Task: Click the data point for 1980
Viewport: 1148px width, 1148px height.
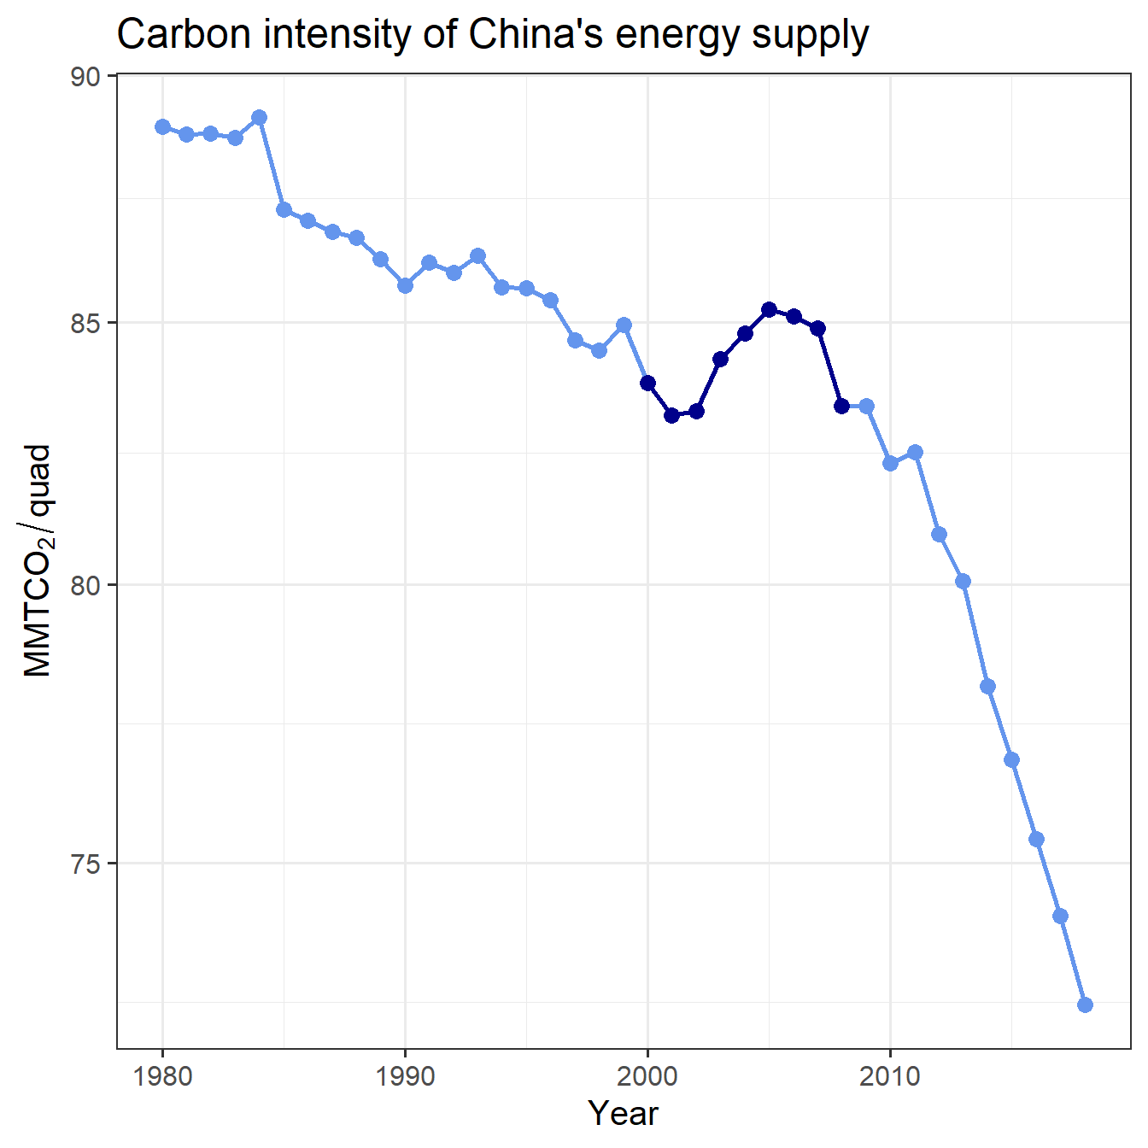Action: tap(162, 126)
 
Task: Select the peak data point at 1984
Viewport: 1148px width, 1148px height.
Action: tap(260, 117)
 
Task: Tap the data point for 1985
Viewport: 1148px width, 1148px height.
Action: tap(284, 209)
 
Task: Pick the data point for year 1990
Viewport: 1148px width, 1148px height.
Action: tap(405, 285)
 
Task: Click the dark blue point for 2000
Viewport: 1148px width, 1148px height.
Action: tap(647, 383)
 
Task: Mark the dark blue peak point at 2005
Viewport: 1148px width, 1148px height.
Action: tap(769, 309)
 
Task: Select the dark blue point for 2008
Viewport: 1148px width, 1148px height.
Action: tap(841, 406)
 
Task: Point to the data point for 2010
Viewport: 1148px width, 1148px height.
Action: tap(890, 463)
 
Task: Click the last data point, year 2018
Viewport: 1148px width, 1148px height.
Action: tap(1085, 1004)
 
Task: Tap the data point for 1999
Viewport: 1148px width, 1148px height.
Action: tap(624, 325)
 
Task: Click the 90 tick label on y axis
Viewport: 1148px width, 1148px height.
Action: tap(85, 77)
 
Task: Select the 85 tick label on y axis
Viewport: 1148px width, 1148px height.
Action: tap(85, 324)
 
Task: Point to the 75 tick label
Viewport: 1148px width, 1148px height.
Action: tap(85, 864)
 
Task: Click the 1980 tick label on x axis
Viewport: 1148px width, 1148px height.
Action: tap(162, 1075)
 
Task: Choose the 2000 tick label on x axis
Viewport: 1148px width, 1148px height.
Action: tap(647, 1075)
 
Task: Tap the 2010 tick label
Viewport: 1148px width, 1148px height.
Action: tap(890, 1075)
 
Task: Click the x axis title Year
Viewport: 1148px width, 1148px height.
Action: tap(623, 1114)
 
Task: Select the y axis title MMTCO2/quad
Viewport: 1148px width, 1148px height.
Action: tap(38, 561)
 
